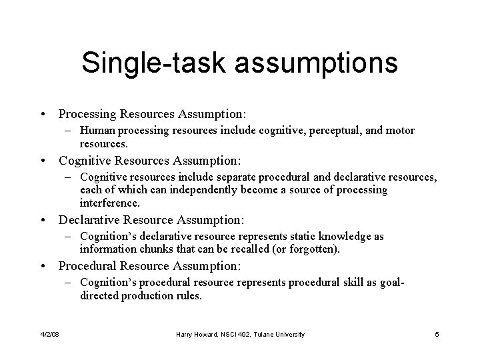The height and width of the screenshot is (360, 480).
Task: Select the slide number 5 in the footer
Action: coord(436,334)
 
